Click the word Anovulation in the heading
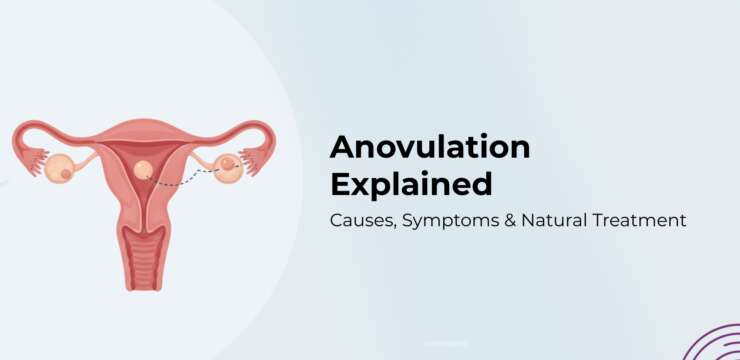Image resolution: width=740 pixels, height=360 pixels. point(430,148)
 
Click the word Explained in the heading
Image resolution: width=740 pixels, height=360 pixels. point(411,185)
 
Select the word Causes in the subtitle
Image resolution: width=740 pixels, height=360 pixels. point(361,221)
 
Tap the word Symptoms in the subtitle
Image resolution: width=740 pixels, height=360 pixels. point(453,221)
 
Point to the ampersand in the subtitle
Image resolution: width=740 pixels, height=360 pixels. point(523,221)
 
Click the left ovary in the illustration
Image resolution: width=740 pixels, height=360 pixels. point(58,169)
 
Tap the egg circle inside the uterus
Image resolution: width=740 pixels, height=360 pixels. point(143,170)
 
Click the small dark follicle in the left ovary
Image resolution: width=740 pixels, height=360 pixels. point(66,174)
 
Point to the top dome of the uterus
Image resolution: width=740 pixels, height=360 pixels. point(143,128)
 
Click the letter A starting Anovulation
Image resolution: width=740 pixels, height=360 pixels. point(342,148)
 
